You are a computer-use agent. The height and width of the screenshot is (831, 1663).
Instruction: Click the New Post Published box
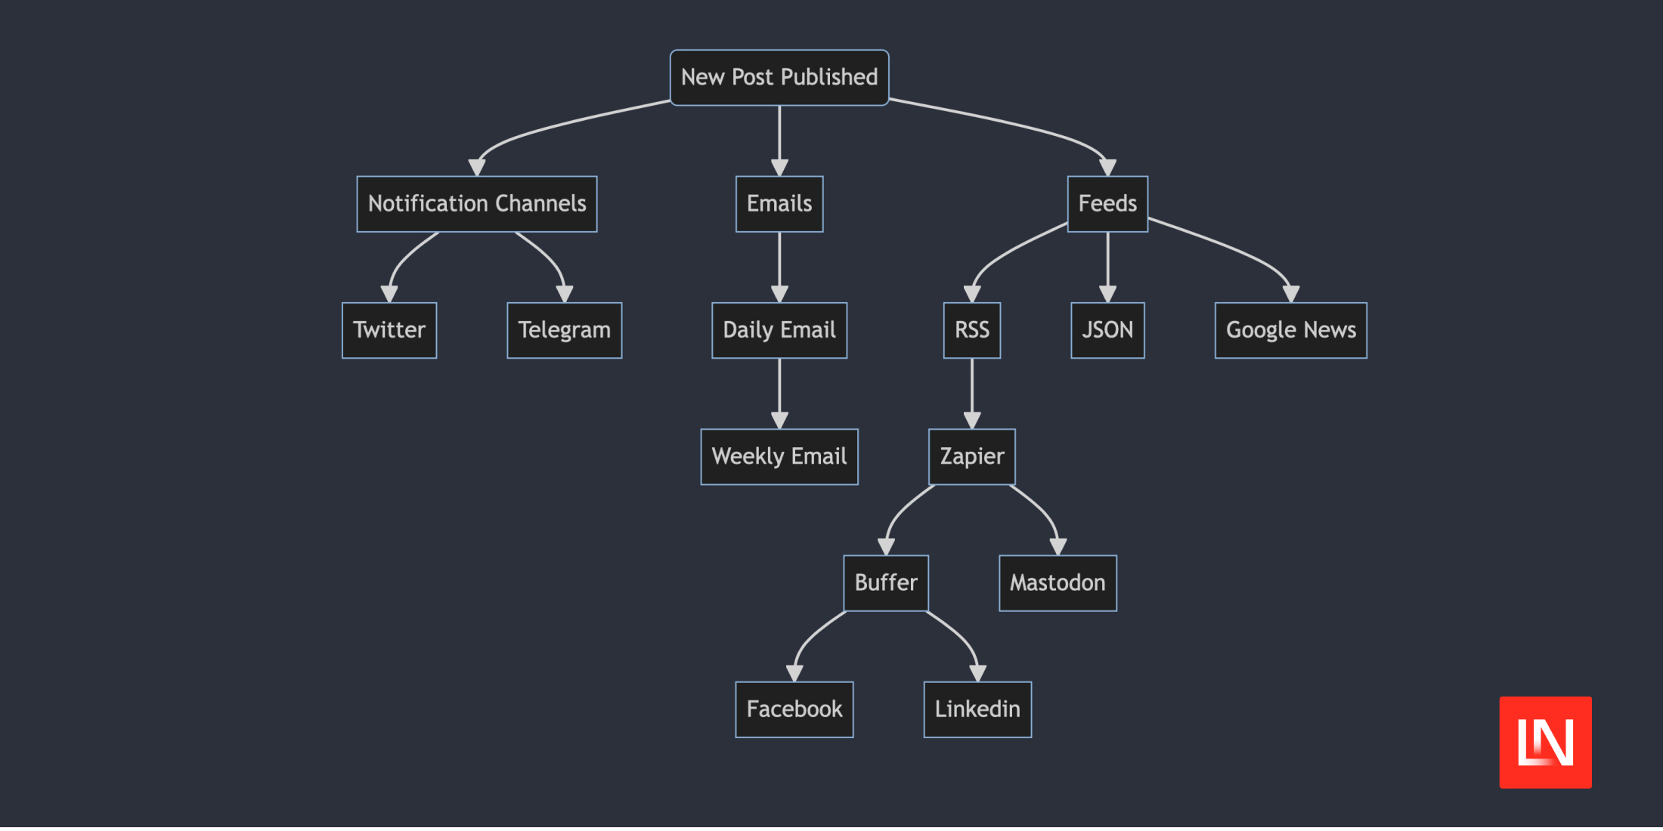(x=779, y=78)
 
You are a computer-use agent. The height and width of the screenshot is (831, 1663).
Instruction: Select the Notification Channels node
(x=477, y=204)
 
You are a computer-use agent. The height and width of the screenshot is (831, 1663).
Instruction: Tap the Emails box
(x=779, y=204)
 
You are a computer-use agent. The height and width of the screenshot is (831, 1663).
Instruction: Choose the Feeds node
(x=1107, y=204)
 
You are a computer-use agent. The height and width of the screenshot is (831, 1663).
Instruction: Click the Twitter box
(x=389, y=330)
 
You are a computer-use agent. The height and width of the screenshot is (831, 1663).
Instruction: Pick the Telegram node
(x=565, y=330)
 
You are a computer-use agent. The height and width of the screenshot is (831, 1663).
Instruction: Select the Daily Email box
(x=779, y=330)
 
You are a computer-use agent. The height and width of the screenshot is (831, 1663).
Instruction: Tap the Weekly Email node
(x=779, y=456)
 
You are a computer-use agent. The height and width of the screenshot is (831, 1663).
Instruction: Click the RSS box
(x=972, y=330)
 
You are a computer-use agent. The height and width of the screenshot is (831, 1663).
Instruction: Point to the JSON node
(x=1107, y=330)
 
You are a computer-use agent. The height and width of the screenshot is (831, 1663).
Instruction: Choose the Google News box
(x=1291, y=330)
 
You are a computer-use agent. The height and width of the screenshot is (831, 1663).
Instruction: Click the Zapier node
(x=972, y=456)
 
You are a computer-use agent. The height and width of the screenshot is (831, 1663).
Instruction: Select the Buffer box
(x=886, y=583)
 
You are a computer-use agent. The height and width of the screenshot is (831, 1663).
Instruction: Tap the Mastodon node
(x=1058, y=583)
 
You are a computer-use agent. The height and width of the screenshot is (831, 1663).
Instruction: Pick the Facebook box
(x=794, y=709)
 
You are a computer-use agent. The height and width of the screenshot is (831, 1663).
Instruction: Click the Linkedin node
(x=977, y=709)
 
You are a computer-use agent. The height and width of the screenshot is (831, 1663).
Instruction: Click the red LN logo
(x=1545, y=742)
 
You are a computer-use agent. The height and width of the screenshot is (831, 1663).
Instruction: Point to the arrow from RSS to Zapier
(x=972, y=394)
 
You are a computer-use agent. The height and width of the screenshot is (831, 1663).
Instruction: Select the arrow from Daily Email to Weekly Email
(x=779, y=394)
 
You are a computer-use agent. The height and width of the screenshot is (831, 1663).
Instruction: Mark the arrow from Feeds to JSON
(x=1107, y=267)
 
